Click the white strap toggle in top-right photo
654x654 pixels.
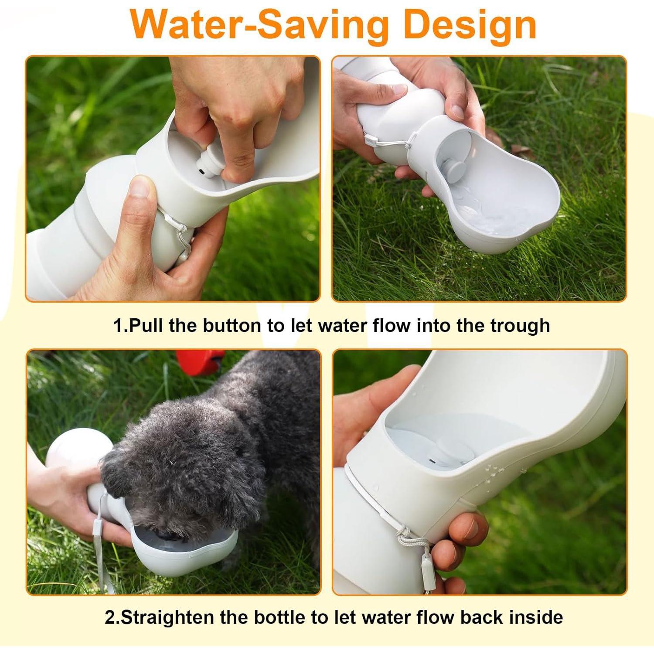tap(370, 140)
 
